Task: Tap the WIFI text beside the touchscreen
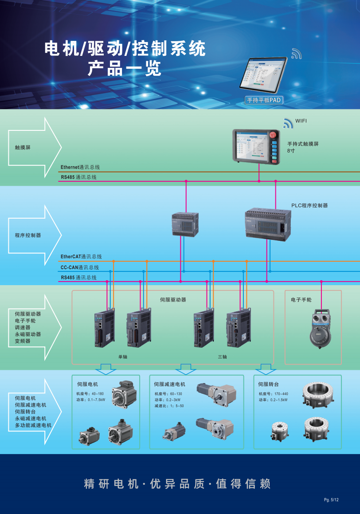click(301, 121)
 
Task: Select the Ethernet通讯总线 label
click(80, 167)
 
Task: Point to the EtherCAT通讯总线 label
click(81, 256)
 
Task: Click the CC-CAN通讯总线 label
click(80, 267)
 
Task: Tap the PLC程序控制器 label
click(309, 205)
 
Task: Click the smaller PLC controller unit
click(185, 224)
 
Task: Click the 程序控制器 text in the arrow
click(28, 235)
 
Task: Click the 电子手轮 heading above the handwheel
click(301, 300)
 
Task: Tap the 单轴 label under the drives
click(123, 357)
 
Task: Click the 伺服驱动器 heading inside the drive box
click(173, 300)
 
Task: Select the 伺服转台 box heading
click(268, 384)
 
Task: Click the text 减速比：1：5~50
click(169, 406)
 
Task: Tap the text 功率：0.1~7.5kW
click(90, 400)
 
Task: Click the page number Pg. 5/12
click(331, 500)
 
